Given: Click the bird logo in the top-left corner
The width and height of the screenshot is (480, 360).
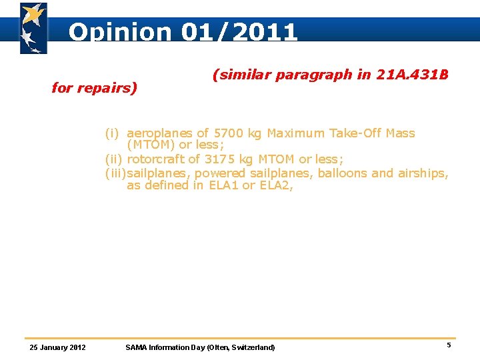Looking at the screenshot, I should pos(33,28).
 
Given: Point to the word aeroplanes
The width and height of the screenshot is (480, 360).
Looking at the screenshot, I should pos(159,133).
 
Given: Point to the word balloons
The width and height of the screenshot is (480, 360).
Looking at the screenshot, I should pos(343,173).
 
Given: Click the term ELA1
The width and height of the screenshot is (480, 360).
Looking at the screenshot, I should pos(223,185).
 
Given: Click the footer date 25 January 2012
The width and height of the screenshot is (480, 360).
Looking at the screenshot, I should pos(58,347).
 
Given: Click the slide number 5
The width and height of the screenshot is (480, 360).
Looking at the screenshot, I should pos(449,345).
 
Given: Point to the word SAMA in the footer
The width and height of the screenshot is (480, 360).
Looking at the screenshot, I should pos(136,347).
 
